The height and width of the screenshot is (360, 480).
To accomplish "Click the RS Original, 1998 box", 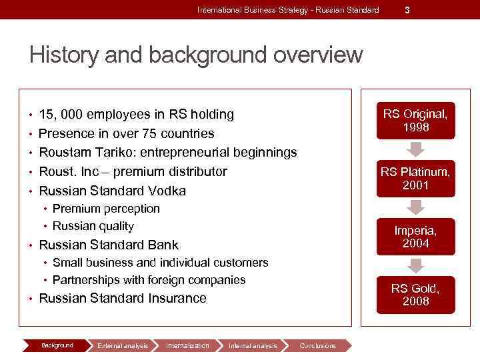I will pyautogui.click(x=415, y=120).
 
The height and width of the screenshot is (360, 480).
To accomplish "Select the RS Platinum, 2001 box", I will pyautogui.click(x=415, y=178).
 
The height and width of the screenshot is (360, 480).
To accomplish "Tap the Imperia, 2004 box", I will pyautogui.click(x=415, y=236).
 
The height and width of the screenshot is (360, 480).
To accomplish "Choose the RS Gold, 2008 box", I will pyautogui.click(x=415, y=295).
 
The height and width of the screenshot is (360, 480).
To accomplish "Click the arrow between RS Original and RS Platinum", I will pyautogui.click(x=415, y=149).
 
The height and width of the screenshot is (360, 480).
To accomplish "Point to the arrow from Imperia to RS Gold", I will pyautogui.click(x=415, y=265).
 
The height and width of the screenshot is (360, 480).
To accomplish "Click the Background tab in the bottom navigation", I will pyautogui.click(x=57, y=345).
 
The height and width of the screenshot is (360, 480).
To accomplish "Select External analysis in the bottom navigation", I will pyautogui.click(x=122, y=345).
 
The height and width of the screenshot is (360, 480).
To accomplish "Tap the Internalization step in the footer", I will pyautogui.click(x=187, y=345).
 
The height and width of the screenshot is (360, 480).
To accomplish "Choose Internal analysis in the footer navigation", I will pyautogui.click(x=252, y=345).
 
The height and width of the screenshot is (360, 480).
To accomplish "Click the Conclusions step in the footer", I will pyautogui.click(x=317, y=345).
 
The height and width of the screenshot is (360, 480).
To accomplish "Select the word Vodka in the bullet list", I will pyautogui.click(x=167, y=191).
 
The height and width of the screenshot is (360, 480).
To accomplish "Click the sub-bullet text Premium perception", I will pyautogui.click(x=106, y=209).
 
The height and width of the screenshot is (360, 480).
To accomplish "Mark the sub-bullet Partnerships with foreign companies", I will pyautogui.click(x=149, y=280).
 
